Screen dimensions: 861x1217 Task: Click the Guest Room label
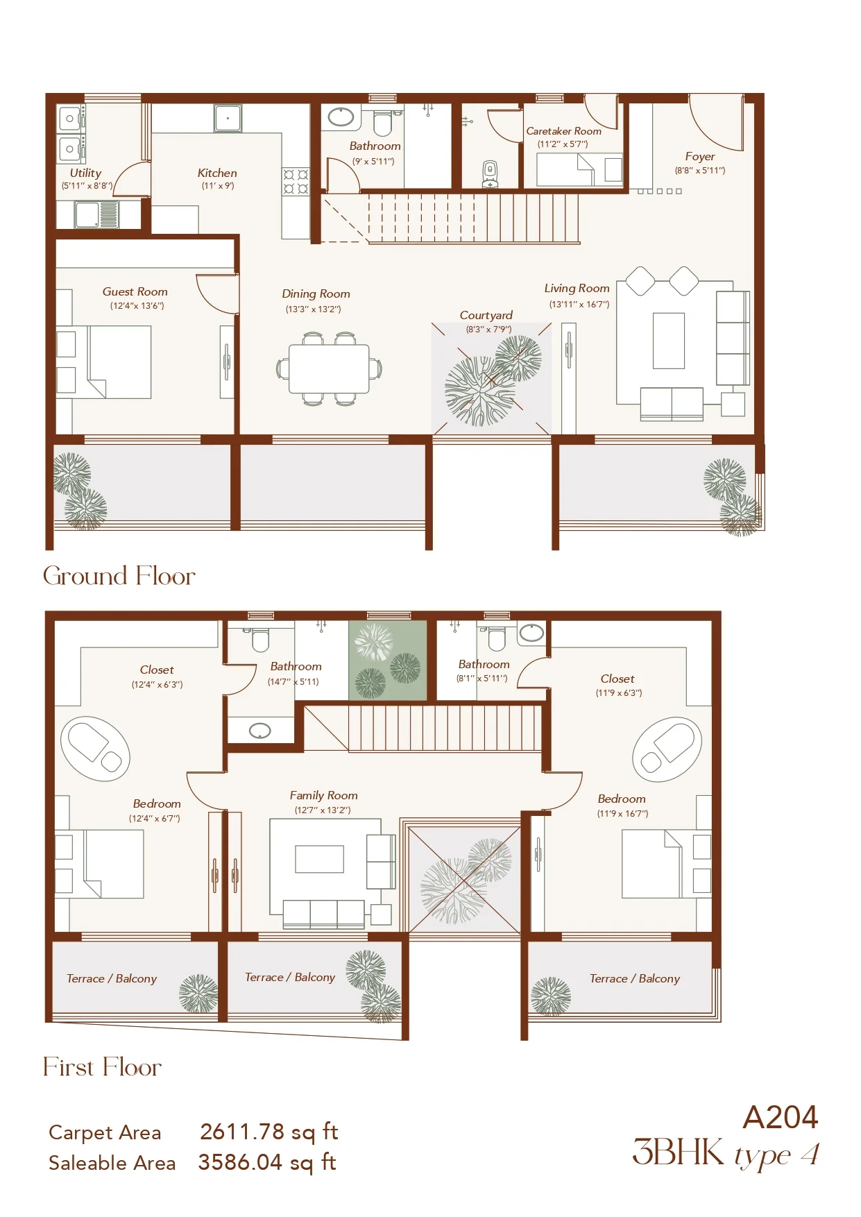coord(135,292)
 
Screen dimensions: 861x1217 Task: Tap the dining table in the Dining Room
coord(330,368)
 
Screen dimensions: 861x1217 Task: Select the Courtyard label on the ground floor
coord(486,315)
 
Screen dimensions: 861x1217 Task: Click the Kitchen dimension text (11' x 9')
coord(218,186)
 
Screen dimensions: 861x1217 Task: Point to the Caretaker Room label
coord(564,131)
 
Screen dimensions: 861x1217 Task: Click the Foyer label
coord(700,157)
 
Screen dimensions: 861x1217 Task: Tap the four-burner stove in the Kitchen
coord(296,182)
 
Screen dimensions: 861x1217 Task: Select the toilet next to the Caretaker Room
coord(491,174)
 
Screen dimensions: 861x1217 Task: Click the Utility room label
coord(85,173)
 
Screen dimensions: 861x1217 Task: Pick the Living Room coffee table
coord(669,341)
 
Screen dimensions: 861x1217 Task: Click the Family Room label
coord(324,796)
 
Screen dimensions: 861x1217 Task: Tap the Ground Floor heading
coord(119,576)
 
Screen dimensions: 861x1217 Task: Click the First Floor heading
coord(103,1067)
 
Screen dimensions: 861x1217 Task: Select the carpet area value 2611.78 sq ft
coord(269,1132)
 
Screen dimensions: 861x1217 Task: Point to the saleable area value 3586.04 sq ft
coord(268,1162)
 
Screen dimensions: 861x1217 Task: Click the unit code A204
coord(781,1118)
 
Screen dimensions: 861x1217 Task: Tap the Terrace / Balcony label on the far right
coord(635,978)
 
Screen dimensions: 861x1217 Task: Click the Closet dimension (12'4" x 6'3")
coord(157,685)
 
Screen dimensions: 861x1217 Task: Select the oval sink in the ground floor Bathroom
coord(341,117)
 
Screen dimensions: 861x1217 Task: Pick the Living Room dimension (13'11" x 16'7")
coord(579,305)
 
